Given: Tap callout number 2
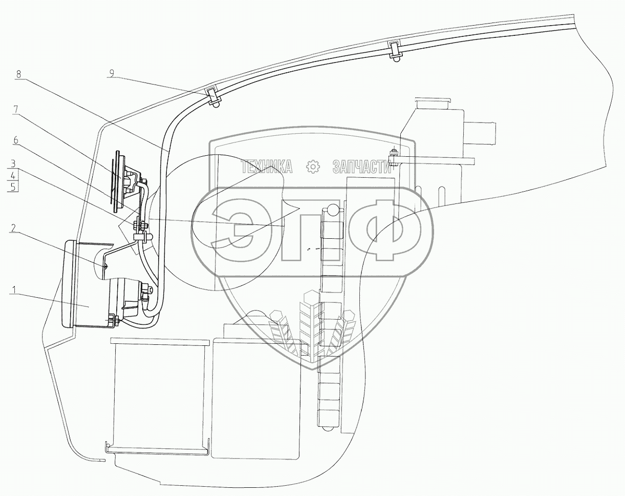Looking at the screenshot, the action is [x=13, y=228].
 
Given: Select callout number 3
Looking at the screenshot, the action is [x=13, y=163].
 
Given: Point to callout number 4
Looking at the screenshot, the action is [x=13, y=175].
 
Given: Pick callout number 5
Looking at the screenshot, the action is [x=13, y=187].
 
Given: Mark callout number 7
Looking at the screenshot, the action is [x=16, y=111].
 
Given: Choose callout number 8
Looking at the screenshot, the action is [x=19, y=74].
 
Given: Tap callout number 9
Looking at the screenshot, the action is [x=111, y=74].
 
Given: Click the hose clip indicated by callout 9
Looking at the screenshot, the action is [x=214, y=96].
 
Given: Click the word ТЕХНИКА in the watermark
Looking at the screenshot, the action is [x=267, y=167].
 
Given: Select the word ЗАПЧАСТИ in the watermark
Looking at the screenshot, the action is [x=361, y=167].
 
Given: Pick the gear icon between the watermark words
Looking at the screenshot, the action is [x=313, y=167].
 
